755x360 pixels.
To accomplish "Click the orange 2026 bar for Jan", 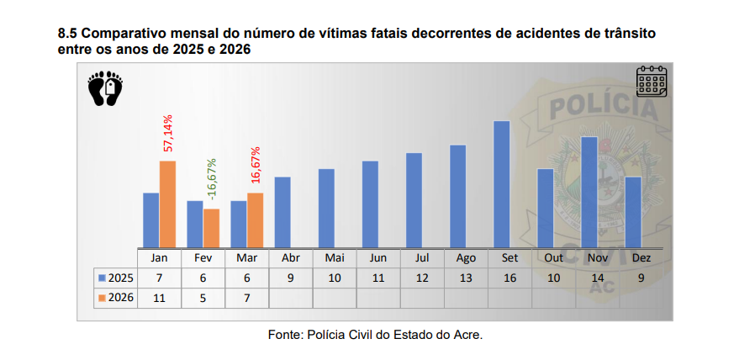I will [167, 204].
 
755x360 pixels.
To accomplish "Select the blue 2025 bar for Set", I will [501, 184].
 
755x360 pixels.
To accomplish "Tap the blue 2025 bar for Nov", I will [589, 192].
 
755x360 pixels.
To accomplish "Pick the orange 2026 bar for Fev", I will [211, 228].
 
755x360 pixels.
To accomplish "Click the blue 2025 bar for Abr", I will [282, 212].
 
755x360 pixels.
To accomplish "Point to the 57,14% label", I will [168, 133].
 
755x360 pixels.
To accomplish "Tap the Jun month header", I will [378, 258].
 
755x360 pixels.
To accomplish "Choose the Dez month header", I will [641, 258].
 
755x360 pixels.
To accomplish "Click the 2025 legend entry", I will [116, 278].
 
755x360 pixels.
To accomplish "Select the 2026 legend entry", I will [116, 298].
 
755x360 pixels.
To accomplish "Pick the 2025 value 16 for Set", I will [509, 278].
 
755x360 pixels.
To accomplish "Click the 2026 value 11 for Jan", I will [160, 298].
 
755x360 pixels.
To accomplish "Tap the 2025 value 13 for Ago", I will [466, 278].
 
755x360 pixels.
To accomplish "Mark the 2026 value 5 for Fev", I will [203, 298].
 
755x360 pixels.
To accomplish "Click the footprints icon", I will [105, 89].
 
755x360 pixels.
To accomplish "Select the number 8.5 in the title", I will [67, 34].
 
